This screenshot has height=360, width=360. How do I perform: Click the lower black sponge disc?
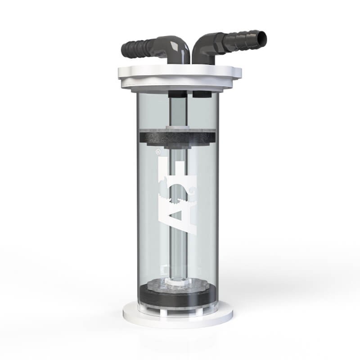[180, 297]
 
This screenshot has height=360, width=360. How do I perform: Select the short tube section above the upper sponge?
[178, 112]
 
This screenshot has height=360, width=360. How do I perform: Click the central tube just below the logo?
[180, 252]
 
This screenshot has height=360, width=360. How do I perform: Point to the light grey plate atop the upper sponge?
[180, 129]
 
